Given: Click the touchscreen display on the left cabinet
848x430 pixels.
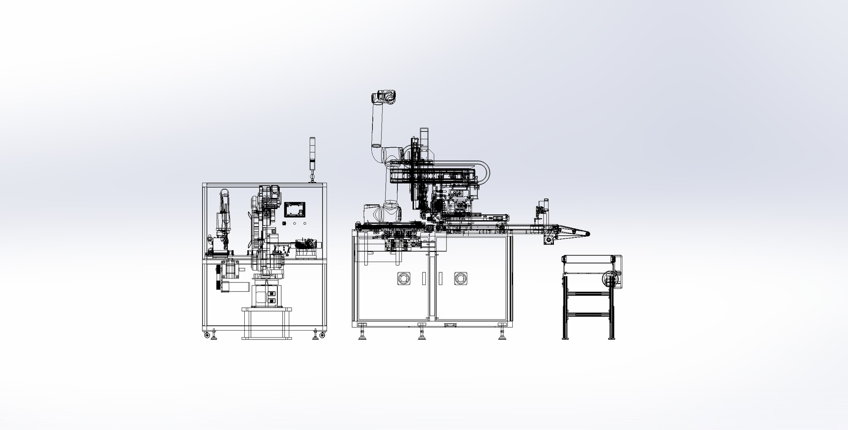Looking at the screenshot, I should coord(295,209).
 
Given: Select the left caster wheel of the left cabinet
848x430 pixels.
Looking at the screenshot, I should coord(207,336).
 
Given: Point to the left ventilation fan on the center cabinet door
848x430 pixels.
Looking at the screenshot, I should coord(403,278).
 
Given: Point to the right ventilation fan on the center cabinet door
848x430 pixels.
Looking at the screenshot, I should coord(461,278).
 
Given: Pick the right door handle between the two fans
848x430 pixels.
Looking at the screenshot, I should coord(440,278).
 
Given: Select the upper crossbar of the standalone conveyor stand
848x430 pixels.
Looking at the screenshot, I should coord(587,293).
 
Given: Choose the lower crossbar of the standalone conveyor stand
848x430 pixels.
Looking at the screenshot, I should coord(587,314).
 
